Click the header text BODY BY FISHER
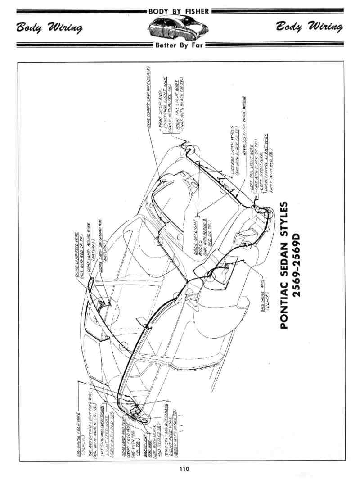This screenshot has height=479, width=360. click(180, 11)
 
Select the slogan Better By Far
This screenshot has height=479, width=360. click(180, 45)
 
